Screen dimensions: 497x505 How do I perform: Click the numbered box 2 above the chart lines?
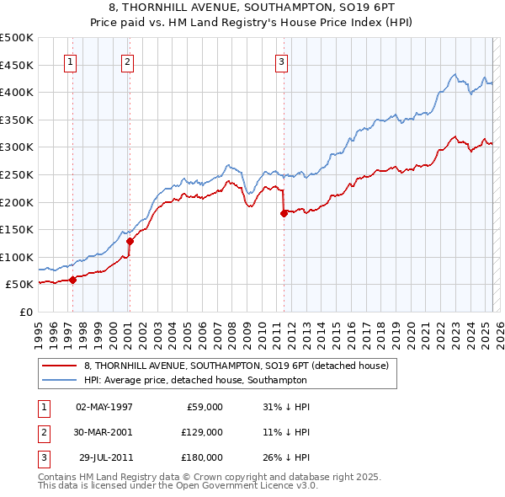pos(127,61)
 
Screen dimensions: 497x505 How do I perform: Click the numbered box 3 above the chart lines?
pos(281,61)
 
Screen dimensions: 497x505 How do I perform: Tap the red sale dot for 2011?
pos(284,213)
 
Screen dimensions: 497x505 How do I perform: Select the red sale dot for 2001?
pos(130,241)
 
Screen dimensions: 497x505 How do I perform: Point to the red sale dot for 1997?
pos(72,280)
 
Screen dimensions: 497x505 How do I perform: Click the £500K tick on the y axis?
pos(17,38)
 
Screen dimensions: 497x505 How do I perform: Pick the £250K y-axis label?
pos(17,174)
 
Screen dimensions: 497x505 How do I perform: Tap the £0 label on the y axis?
pos(26,312)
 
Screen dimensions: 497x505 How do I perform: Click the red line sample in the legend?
pos(58,366)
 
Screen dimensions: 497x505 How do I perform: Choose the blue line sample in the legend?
pos(58,380)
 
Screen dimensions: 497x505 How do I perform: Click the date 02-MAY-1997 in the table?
pos(104,407)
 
